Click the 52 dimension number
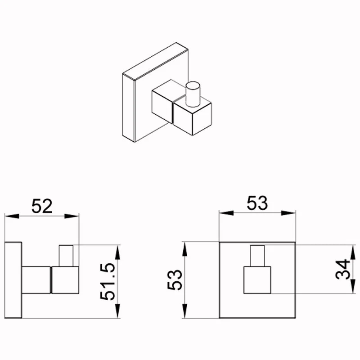tap(42, 206)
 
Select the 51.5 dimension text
tap(108, 282)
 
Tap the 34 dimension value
tap(342, 269)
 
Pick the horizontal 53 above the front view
tap(257, 203)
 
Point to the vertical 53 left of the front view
tap(175, 279)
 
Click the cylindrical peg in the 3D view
tap(193, 94)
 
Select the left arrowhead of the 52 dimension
tap(12, 216)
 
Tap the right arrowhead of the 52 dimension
tap(72, 216)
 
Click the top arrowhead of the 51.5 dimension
tap(117, 252)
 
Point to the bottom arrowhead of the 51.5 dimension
tap(117, 310)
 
